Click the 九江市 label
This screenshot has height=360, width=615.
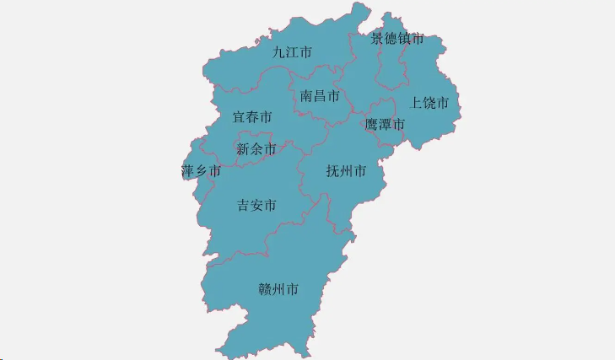292,52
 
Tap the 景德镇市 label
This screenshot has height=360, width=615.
397,39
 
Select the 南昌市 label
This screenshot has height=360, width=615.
320,96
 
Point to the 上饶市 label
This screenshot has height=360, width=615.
429,103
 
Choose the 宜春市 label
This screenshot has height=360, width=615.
252,117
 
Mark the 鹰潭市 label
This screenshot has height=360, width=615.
385,125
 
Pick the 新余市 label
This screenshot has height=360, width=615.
256,149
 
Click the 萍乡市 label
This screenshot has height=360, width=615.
201,171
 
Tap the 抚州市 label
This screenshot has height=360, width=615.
346,171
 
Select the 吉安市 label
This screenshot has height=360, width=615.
256,205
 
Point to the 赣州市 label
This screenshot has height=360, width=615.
278,290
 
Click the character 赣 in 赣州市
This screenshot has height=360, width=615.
265,290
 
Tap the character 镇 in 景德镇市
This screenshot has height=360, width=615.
404,39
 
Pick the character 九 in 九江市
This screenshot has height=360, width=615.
279,52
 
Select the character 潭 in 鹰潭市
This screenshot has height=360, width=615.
385,125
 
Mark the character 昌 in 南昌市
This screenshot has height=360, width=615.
320,96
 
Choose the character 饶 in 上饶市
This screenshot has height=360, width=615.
429,103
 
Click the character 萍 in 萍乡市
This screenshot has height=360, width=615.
188,171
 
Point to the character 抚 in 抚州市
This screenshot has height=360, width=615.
332,171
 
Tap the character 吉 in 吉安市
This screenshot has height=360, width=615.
244,205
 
